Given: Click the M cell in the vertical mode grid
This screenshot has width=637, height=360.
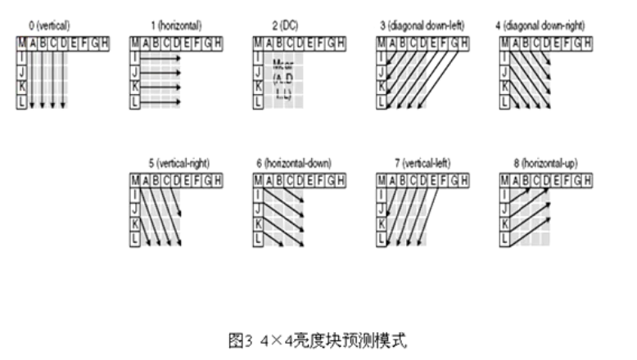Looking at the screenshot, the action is pyautogui.click(x=21, y=43).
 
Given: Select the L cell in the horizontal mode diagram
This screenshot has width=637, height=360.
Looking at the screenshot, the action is pyautogui.click(x=136, y=102).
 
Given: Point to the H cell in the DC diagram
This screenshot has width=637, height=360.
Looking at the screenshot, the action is pyautogui.click(x=341, y=43).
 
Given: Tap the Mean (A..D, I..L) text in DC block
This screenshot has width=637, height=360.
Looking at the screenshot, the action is pyautogui.click(x=282, y=80).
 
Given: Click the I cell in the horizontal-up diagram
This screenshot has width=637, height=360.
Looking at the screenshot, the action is pyautogui.click(x=504, y=194).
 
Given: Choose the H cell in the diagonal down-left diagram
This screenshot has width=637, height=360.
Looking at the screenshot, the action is pyautogui.click(x=465, y=43).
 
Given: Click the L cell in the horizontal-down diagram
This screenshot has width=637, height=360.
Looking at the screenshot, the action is pyautogui.click(x=259, y=239).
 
